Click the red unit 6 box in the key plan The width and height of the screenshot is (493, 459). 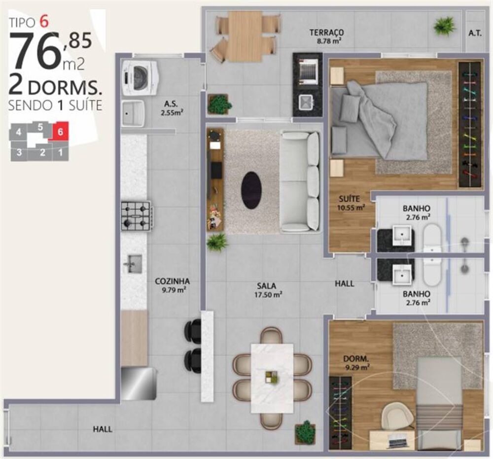[60, 132]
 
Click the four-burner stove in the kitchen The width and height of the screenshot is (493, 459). [136, 216]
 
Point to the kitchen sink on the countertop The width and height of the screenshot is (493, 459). [132, 264]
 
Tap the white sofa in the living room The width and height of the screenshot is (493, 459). [300, 181]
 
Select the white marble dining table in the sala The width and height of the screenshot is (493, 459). [272, 378]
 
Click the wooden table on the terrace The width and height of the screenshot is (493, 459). [245, 36]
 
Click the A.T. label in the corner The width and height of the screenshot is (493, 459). [475, 33]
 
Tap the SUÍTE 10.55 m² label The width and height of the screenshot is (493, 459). [351, 203]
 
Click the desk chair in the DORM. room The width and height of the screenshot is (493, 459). [398, 414]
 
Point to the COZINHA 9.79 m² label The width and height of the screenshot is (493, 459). [172, 285]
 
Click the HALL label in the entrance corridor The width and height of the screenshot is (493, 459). [103, 429]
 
